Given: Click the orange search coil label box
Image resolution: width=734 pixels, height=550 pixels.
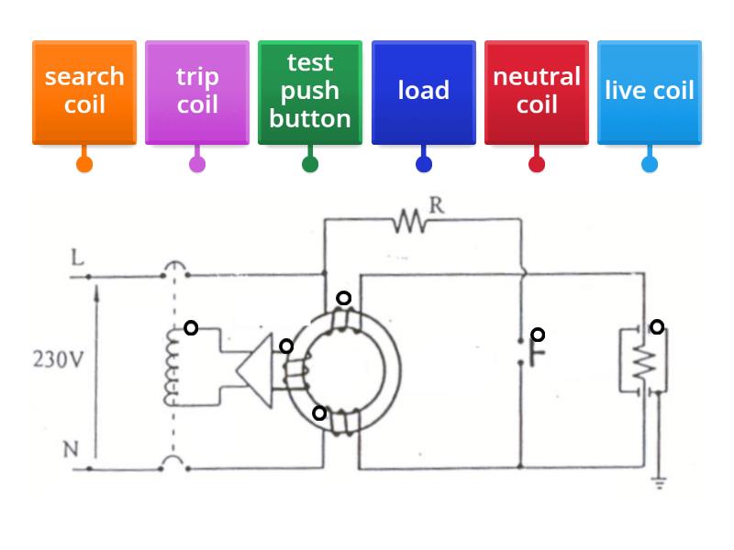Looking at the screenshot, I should [x=84, y=92].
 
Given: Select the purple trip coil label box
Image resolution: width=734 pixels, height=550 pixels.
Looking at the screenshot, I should [x=197, y=92].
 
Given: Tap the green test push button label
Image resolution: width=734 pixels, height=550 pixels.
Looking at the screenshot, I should [x=310, y=92].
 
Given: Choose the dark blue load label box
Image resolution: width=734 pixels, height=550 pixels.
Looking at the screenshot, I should [x=423, y=92].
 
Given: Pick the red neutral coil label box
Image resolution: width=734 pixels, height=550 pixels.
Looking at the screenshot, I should [x=537, y=92].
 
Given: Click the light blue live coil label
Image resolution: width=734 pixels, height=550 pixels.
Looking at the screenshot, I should [x=650, y=92].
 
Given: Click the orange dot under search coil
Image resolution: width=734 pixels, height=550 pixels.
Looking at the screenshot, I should [x=84, y=165].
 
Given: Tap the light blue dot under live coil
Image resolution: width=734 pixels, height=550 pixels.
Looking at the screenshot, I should [x=650, y=165].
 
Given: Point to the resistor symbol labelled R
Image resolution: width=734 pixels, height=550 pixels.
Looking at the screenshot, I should [x=410, y=220].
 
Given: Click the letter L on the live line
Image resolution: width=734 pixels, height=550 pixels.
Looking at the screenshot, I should [x=78, y=258].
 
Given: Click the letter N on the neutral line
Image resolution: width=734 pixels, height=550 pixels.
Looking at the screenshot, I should [x=71, y=449].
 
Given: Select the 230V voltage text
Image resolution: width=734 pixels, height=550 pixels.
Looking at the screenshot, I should [x=58, y=358].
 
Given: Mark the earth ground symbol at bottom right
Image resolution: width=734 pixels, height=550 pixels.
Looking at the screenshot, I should [x=659, y=482].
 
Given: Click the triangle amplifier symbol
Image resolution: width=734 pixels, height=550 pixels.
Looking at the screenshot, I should [x=253, y=371].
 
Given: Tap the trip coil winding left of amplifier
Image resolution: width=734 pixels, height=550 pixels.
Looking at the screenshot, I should [x=171, y=367].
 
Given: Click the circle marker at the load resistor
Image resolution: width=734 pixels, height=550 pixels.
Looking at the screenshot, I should [x=657, y=326].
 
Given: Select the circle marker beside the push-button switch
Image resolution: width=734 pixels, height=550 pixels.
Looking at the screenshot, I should [x=539, y=335].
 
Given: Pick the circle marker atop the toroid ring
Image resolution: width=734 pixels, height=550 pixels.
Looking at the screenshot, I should [x=343, y=298].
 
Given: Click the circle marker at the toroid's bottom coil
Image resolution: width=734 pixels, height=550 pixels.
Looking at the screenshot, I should [x=319, y=413].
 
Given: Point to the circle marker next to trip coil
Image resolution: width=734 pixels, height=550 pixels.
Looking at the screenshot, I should [x=191, y=327].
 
